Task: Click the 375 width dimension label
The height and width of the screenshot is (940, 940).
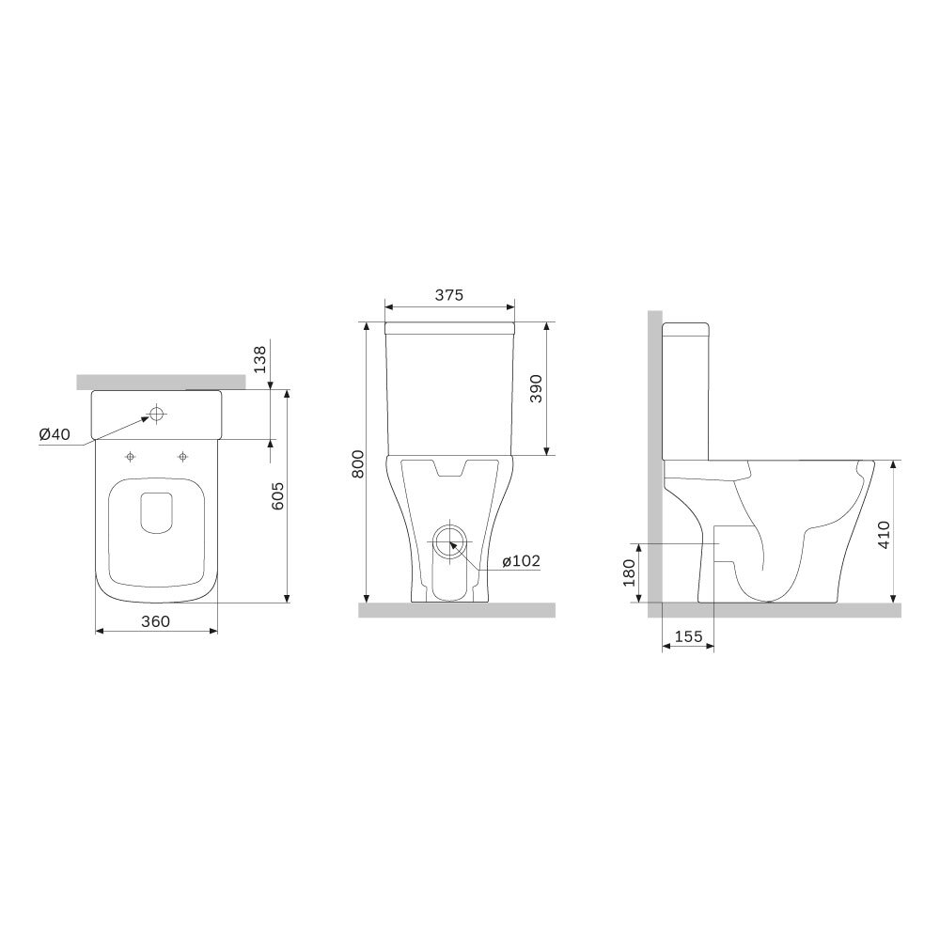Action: pyautogui.click(x=449, y=295)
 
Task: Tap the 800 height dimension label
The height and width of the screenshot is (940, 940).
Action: pyautogui.click(x=358, y=463)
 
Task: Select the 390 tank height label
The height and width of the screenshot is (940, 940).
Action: pyautogui.click(x=536, y=388)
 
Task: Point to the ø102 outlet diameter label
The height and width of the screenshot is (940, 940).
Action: pyautogui.click(x=521, y=560)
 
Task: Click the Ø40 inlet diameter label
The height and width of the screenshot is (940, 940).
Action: pyautogui.click(x=55, y=434)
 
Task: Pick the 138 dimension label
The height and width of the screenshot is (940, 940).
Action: pyautogui.click(x=259, y=359)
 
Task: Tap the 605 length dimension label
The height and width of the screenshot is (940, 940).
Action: pyautogui.click(x=277, y=495)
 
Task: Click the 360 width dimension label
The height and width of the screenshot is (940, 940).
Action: pyautogui.click(x=155, y=621)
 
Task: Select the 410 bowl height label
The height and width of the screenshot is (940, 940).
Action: pyautogui.click(x=884, y=535)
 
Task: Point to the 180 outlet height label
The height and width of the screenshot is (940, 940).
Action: pyautogui.click(x=629, y=572)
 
